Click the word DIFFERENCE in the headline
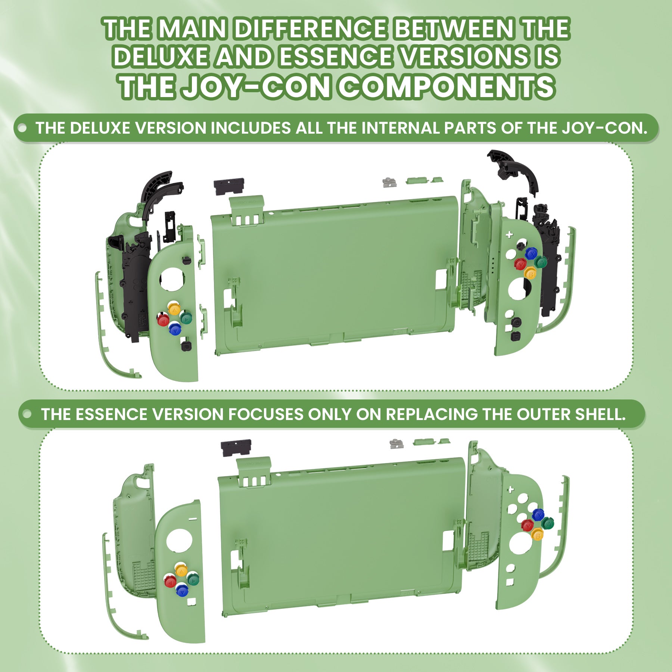click(309, 29)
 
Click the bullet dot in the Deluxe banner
click(22, 128)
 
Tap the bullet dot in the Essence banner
click(27, 414)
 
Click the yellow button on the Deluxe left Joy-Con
click(174, 308)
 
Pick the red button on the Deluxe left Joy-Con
click(163, 320)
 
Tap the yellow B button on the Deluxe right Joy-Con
click(530, 273)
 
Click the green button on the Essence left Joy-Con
click(193, 579)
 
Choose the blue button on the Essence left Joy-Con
click(182, 590)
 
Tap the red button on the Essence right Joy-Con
click(528, 525)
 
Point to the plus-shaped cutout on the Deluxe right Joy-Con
click(509, 235)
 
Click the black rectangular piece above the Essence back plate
click(236, 448)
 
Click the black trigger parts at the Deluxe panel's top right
click(513, 170)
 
